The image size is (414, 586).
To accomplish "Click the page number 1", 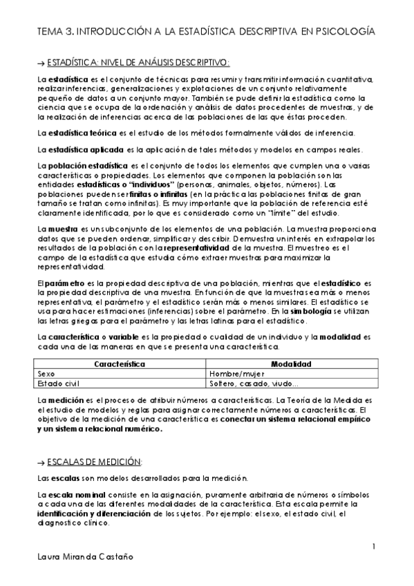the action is tap(373, 547).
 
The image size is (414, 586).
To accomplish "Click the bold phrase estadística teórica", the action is tap(81, 133).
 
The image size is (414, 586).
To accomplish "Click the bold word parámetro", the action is tap(66, 284).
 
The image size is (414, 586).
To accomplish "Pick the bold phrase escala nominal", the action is tap(73, 496).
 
